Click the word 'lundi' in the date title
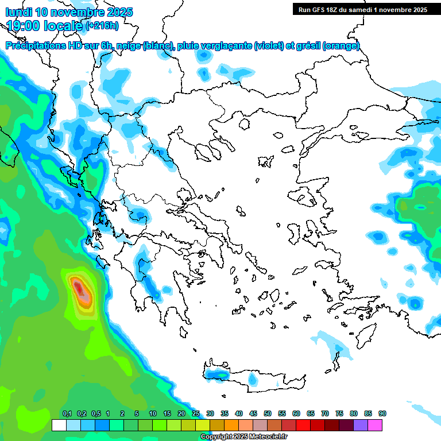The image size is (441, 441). (x=19, y=11)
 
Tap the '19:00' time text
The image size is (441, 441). (x=23, y=25)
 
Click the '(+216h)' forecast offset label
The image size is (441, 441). (x=102, y=25)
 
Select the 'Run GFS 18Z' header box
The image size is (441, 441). (x=362, y=9)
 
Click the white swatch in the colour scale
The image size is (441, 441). (x=59, y=425)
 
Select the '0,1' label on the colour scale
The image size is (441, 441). (x=67, y=414)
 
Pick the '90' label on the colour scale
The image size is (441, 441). (x=382, y=414)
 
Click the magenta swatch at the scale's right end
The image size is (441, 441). (x=375, y=425)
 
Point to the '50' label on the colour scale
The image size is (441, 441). (x=268, y=414)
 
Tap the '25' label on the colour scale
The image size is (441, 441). (x=196, y=414)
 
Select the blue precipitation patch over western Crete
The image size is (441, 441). (x=218, y=374)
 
